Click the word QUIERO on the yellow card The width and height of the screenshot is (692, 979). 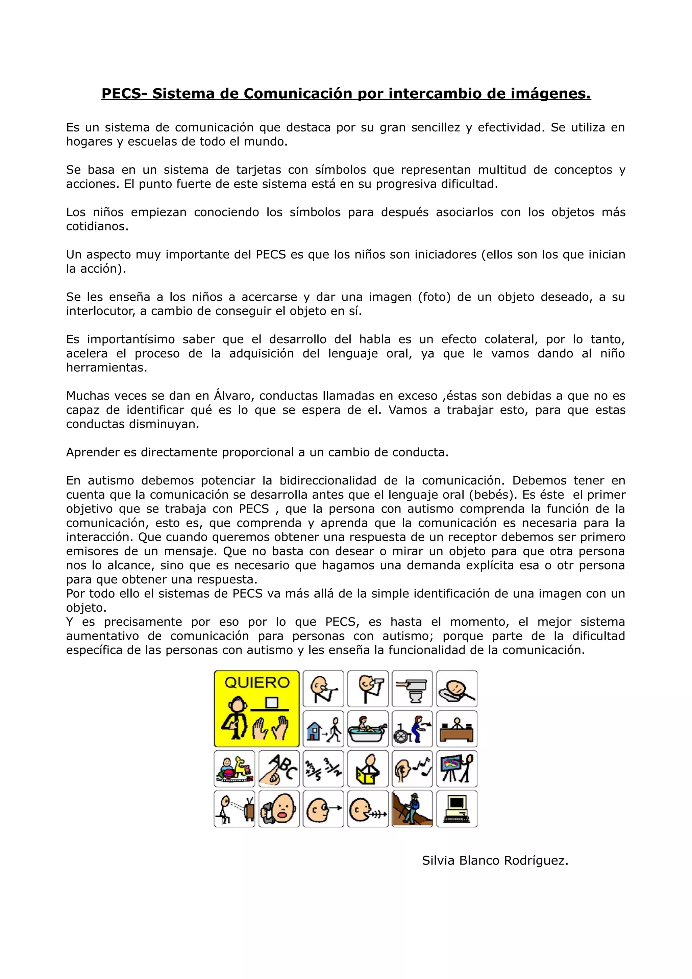pos(257,683)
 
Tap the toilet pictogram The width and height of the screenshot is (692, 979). pos(412,688)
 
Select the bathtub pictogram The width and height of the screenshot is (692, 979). pos(368,729)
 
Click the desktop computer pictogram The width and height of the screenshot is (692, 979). pos(456,809)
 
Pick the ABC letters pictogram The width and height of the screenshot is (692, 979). pos(279,769)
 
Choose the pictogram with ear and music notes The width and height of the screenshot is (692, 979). pos(412,769)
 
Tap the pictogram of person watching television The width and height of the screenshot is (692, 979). pos(234,809)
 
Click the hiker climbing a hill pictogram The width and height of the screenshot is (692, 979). pos(412,809)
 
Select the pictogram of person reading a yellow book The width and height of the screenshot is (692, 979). pos(368,769)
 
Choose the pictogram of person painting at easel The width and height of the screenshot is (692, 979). pos(456,769)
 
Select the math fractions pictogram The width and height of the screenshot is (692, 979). pos(323,769)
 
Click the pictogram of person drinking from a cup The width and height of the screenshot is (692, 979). pos(368,688)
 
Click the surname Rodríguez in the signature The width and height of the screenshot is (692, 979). pos(536,860)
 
